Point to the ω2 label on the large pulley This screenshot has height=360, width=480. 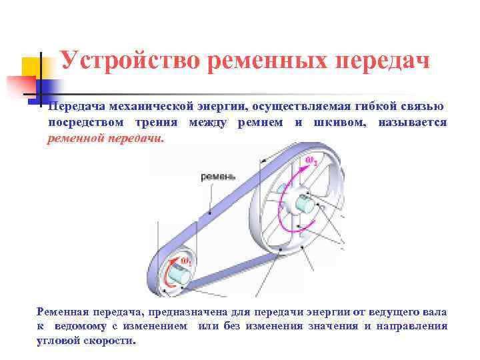[x=311, y=160]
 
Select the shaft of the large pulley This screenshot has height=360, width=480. [x=306, y=204]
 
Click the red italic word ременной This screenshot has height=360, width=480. [x=75, y=139]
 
